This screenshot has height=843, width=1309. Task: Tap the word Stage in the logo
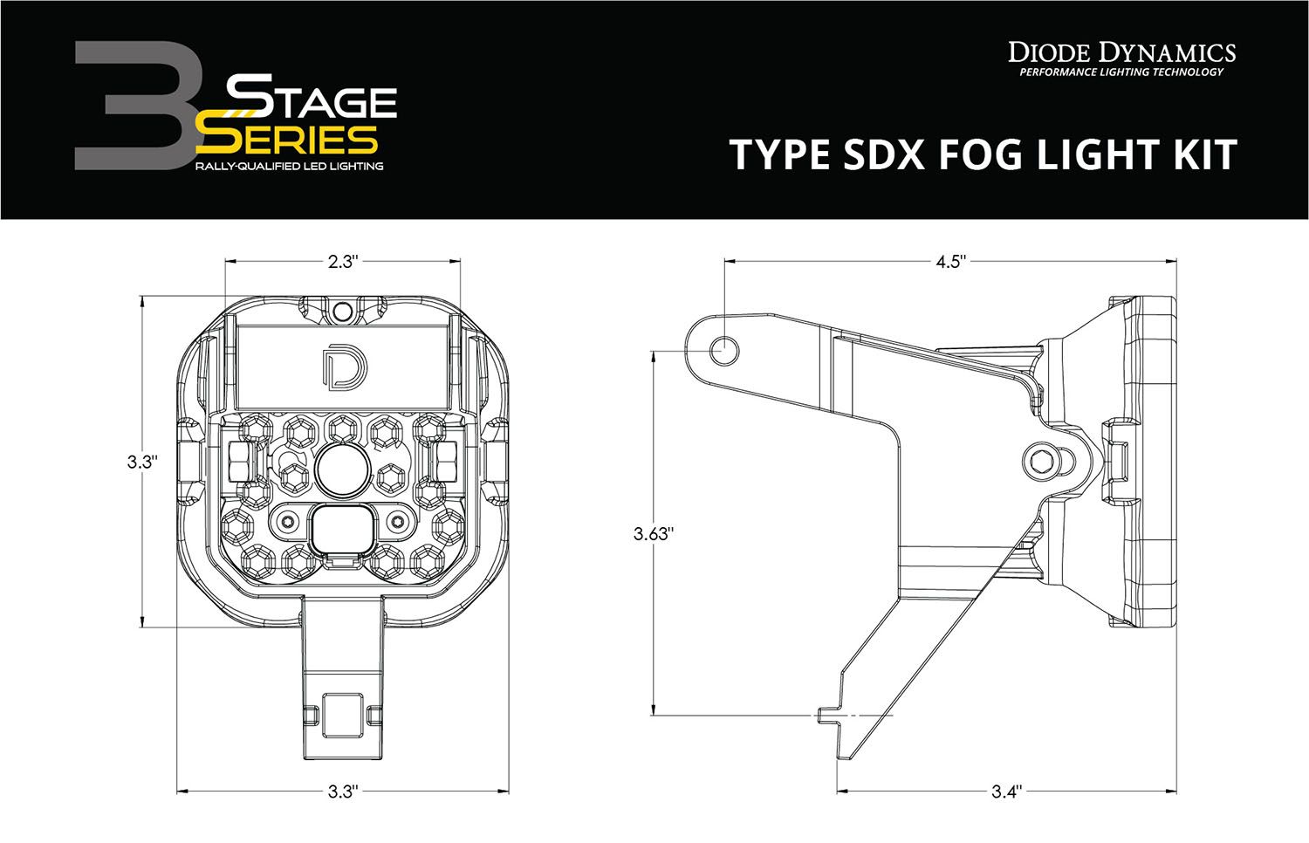click(x=312, y=102)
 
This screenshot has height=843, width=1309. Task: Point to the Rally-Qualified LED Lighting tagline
click(x=289, y=166)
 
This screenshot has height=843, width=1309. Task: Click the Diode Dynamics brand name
click(x=1121, y=52)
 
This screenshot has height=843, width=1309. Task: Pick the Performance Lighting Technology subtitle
click(x=1121, y=72)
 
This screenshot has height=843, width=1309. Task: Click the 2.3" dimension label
click(x=343, y=261)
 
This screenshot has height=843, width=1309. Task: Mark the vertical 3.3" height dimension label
click(x=140, y=462)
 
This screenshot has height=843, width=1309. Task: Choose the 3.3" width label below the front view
click(x=343, y=792)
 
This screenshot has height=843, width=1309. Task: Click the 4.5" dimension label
click(x=949, y=261)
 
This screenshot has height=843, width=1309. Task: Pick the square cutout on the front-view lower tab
click(x=341, y=709)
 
